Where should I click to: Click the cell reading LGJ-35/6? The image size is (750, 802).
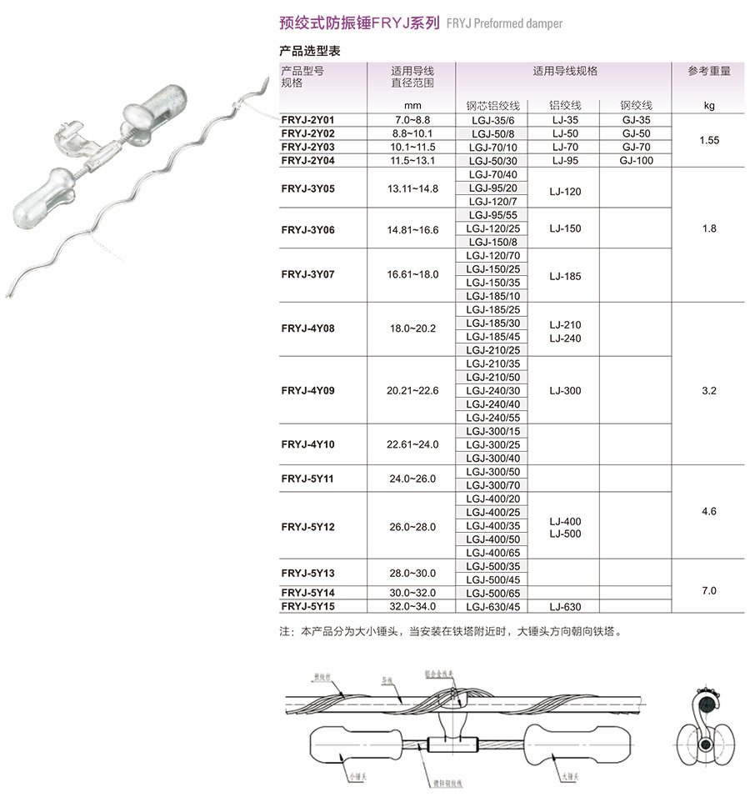tap(492, 120)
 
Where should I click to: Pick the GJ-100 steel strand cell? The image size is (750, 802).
tap(637, 160)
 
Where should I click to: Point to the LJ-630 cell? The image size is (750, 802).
tap(565, 607)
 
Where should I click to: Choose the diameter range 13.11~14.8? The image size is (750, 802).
tap(412, 188)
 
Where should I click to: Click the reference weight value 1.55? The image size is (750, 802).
tap(710, 140)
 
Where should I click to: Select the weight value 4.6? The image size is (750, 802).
tap(709, 511)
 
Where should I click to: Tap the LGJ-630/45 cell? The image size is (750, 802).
tap(492, 607)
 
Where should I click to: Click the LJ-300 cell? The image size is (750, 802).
tap(566, 391)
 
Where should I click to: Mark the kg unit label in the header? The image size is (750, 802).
tap(709, 106)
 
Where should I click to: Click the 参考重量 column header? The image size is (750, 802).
tap(709, 72)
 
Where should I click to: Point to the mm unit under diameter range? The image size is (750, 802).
tap(412, 106)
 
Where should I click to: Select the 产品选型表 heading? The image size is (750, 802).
tap(309, 52)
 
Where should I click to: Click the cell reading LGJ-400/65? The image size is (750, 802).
tap(492, 553)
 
